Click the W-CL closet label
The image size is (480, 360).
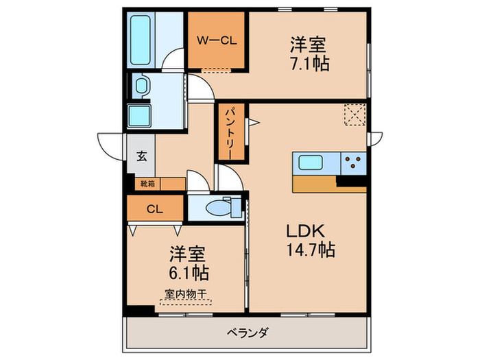click(x=217, y=40)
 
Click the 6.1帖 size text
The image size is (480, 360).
click(x=186, y=272)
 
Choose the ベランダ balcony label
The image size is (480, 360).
click(x=247, y=334)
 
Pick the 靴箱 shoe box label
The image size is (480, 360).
click(x=148, y=184)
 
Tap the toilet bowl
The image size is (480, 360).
click(x=221, y=206)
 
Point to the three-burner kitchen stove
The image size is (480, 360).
click(x=354, y=163)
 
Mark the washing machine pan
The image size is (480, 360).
click(x=142, y=115)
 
